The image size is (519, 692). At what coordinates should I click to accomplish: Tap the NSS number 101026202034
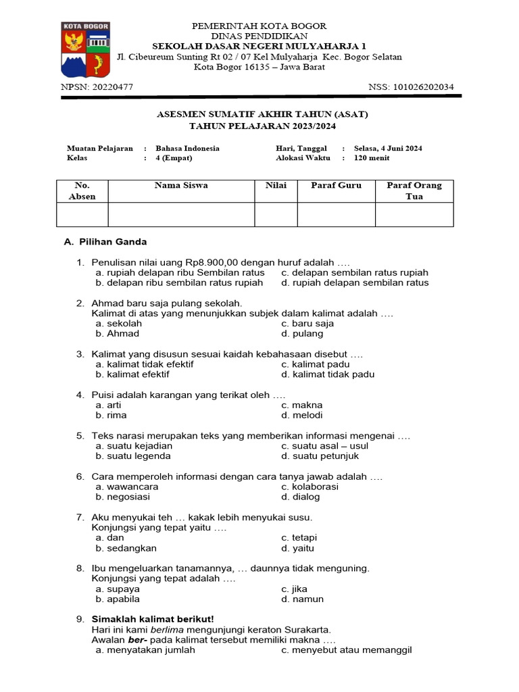point(425,86)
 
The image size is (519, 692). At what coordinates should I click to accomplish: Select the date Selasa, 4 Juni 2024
point(389,148)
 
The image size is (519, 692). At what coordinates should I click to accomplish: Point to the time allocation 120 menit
point(372,158)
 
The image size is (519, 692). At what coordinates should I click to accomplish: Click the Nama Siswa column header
point(181,185)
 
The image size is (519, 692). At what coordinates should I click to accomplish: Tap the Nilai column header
point(276,185)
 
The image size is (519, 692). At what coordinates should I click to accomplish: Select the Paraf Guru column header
point(336,185)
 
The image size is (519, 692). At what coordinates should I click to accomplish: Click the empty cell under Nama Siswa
point(181,214)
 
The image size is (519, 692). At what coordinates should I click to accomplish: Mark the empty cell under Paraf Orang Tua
point(414,214)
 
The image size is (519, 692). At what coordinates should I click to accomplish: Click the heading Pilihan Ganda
point(112,242)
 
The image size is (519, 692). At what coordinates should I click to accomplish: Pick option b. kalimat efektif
point(132,374)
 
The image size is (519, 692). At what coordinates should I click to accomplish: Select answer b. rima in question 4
point(112,415)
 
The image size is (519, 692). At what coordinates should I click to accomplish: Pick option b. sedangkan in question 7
point(126,548)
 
